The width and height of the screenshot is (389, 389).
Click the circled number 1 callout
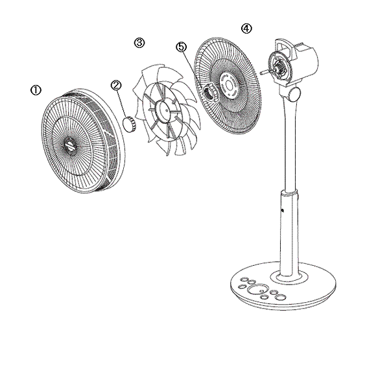tap(36, 90)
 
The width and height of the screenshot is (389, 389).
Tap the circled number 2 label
tap(116, 86)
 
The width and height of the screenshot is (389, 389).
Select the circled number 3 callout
tap(139, 43)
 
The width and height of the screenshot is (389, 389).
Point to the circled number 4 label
tap(246, 29)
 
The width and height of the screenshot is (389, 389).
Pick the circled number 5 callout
tap(182, 47)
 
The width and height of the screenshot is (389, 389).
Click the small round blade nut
tap(130, 124)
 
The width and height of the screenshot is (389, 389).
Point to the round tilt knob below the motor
tap(294, 94)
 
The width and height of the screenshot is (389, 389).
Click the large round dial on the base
tap(259, 290)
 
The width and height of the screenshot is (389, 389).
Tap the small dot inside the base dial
tap(262, 290)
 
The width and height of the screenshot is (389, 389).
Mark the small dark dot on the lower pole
tap(283, 211)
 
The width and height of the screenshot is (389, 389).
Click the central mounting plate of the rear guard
tap(230, 85)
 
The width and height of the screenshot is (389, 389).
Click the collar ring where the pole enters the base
tap(289, 277)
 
